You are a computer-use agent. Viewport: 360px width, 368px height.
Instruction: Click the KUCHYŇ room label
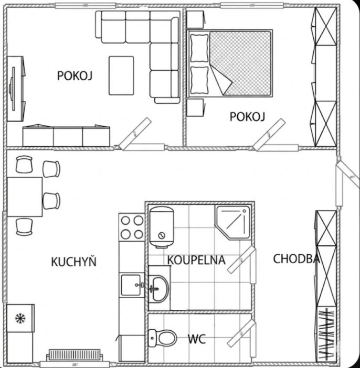pyautogui.click(x=74, y=262)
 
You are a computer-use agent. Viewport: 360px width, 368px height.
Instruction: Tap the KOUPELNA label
pyautogui.click(x=196, y=260)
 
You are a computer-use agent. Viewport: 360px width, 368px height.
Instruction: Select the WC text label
pyautogui.click(x=197, y=339)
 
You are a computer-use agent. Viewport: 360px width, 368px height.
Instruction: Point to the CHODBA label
pyautogui.click(x=297, y=259)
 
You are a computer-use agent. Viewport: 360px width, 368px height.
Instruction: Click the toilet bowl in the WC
pyautogui.click(x=163, y=338)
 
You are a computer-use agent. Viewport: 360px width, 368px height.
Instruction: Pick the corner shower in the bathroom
pyautogui.click(x=233, y=222)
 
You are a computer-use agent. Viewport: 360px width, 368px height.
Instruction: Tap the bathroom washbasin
pyautogui.click(x=158, y=288)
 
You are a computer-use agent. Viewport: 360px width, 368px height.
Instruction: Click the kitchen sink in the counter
pyautogui.click(x=132, y=285)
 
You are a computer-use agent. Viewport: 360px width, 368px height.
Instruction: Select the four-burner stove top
pyautogui.click(x=132, y=227)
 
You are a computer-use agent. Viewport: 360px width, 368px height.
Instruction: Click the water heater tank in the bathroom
pyautogui.click(x=162, y=227)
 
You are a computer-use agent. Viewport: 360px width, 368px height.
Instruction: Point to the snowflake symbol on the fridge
pyautogui.click(x=20, y=318)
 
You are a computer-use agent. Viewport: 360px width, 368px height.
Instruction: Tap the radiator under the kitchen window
pyautogui.click(x=75, y=355)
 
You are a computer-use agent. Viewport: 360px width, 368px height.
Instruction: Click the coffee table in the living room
pyautogui.click(x=121, y=75)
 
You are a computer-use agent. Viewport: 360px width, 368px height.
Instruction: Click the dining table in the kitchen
pyautogui.click(x=25, y=197)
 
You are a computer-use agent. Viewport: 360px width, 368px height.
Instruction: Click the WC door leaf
pyautogui.click(x=241, y=333)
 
